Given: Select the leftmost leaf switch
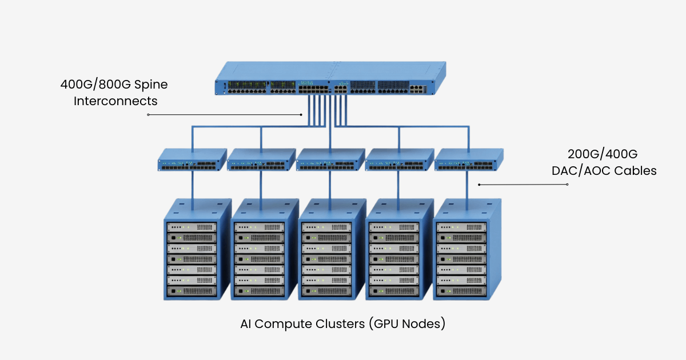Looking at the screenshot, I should (193, 161).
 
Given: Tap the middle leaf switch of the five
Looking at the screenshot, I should (330, 161).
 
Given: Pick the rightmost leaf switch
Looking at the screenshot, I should (469, 161).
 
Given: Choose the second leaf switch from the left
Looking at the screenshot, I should (261, 161).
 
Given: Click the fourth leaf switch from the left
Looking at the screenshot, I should (400, 161).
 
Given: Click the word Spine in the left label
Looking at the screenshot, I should (150, 85).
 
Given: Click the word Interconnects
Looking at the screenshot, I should (115, 101).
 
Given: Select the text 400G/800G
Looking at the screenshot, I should (94, 85).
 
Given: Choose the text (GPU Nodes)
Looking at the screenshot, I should (406, 324).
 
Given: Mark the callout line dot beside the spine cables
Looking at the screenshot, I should (301, 115).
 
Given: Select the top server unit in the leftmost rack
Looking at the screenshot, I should (192, 227).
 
